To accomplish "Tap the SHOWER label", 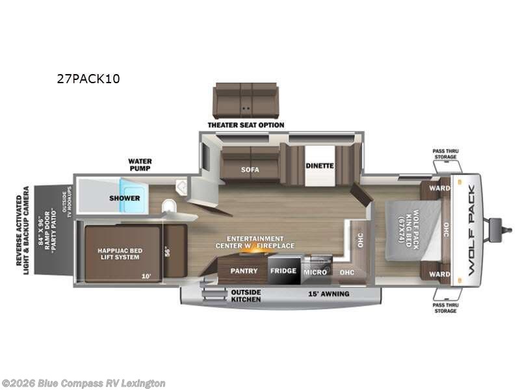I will (125, 198).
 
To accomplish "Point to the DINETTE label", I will (320, 166).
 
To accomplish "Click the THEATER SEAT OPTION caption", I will (246, 125).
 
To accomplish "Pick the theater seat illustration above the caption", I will (246, 100).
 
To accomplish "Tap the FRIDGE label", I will (283, 270).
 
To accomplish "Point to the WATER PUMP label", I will (139, 164).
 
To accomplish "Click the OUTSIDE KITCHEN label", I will (246, 296).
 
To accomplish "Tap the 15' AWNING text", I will (328, 294).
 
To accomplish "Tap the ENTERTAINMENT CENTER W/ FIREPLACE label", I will (256, 242).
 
